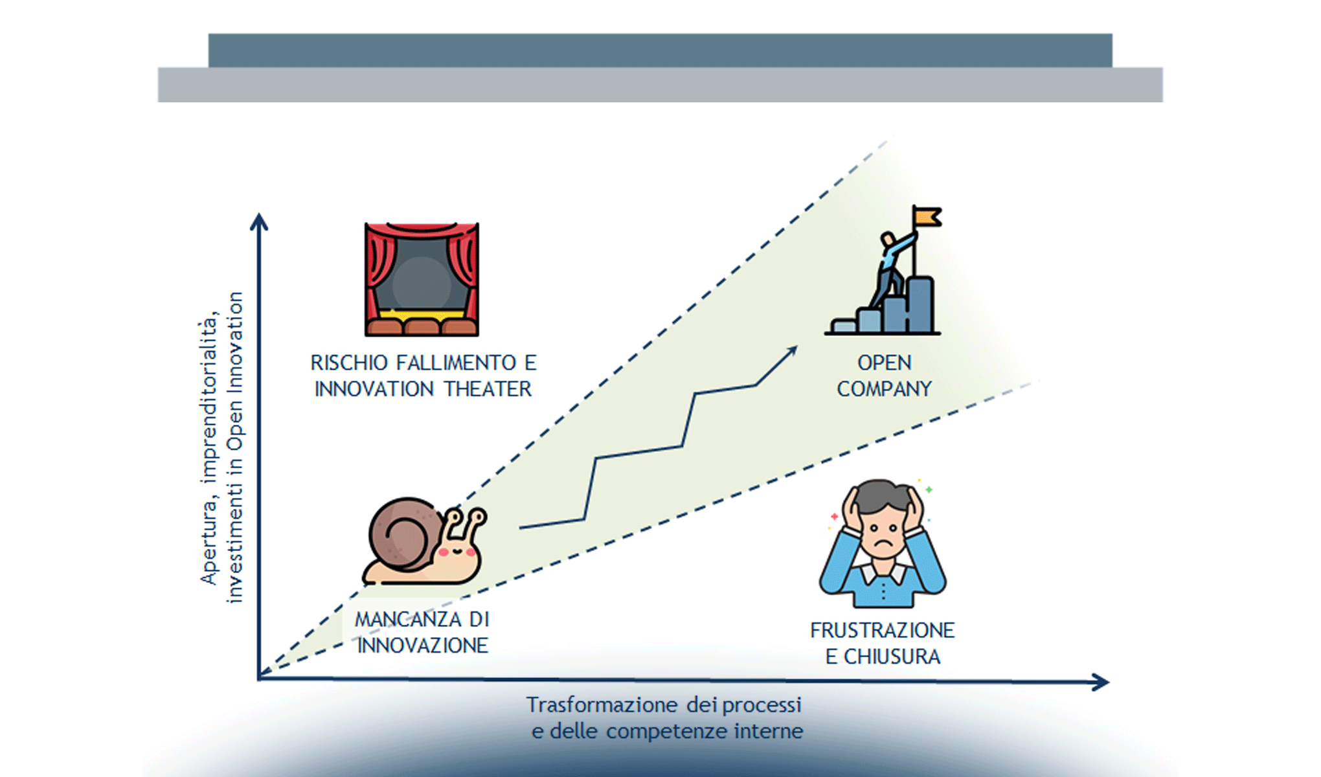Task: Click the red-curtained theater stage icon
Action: [422, 279]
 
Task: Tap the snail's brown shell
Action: [404, 534]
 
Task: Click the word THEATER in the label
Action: [488, 389]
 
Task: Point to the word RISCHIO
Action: [350, 363]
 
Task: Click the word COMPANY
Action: [884, 389]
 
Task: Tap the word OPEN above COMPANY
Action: [885, 363]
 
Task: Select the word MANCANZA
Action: [408, 620]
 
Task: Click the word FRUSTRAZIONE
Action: [883, 631]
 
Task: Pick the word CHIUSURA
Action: [892, 657]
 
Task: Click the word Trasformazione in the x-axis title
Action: [602, 704]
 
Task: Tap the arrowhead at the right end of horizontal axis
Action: [1100, 682]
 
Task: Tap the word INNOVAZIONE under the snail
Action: [423, 646]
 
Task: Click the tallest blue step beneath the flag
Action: [921, 304]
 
